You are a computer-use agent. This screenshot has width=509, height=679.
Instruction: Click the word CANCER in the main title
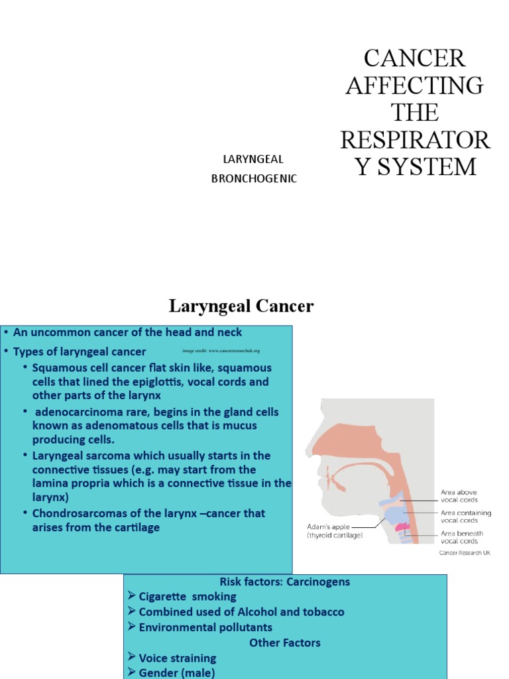click(415, 58)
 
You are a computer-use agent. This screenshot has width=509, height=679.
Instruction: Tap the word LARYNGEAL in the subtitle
click(254, 159)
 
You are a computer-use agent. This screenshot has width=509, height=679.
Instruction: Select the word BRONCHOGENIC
click(254, 178)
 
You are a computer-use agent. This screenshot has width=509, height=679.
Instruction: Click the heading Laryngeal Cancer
click(241, 306)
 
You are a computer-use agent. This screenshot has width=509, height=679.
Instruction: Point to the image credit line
click(220, 350)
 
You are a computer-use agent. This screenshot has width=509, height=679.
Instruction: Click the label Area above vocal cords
click(460, 496)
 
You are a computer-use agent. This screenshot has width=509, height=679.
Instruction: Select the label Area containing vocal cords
click(466, 517)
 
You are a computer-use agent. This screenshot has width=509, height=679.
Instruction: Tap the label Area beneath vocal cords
click(462, 537)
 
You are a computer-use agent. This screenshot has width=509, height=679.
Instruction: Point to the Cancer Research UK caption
click(467, 553)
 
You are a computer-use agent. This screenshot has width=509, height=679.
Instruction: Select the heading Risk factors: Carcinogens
click(285, 582)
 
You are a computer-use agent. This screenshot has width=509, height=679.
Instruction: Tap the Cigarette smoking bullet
click(187, 597)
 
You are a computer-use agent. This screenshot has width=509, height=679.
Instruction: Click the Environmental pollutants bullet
click(205, 627)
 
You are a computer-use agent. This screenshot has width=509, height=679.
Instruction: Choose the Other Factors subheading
click(284, 643)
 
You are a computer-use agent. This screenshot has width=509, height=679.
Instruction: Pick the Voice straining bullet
click(177, 658)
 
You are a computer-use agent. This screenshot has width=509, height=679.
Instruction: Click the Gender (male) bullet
click(176, 673)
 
